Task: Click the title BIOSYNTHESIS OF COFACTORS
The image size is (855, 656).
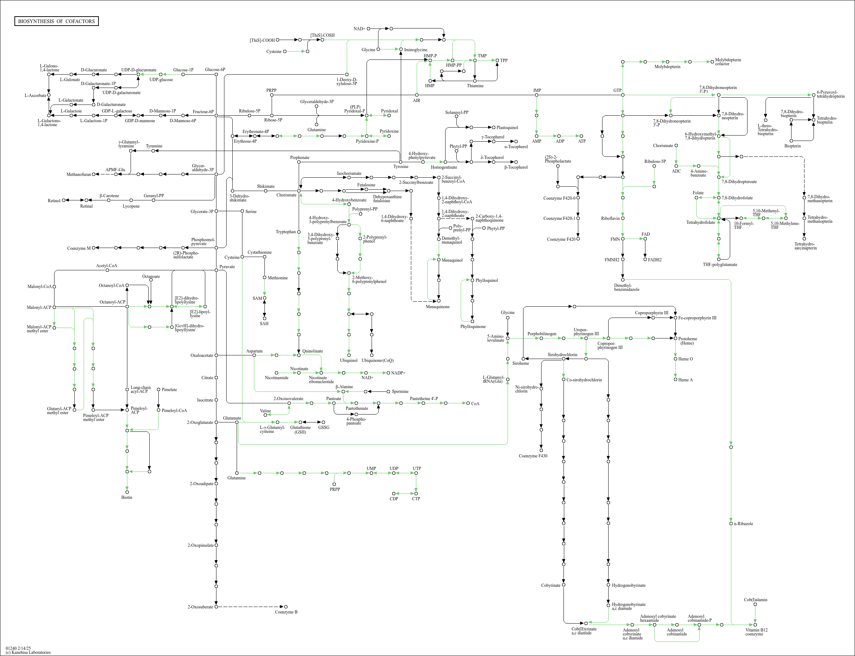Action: (56, 21)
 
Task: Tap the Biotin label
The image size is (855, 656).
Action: (127, 497)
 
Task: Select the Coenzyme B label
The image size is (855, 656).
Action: (286, 612)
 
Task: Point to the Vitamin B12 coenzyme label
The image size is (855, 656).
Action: (756, 632)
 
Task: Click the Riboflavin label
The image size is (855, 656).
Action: (610, 218)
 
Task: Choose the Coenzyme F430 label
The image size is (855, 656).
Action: (533, 456)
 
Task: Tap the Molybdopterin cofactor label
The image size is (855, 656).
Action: (728, 62)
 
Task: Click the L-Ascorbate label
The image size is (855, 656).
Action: (35, 95)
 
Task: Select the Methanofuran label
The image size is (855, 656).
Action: (79, 174)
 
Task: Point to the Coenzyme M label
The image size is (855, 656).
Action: (79, 248)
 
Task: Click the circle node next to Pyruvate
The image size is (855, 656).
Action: (216, 270)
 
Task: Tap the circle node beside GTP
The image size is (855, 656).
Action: (623, 95)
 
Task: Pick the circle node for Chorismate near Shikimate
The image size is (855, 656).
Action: (299, 191)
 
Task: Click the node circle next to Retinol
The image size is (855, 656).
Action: (63, 200)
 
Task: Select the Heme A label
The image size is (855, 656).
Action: (685, 380)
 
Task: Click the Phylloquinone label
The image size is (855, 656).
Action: (473, 327)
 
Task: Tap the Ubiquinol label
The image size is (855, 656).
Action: (348, 360)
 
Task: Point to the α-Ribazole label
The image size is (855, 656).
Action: (743, 524)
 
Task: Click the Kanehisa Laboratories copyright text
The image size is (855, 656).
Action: (28, 652)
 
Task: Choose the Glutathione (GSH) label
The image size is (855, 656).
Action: (301, 430)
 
